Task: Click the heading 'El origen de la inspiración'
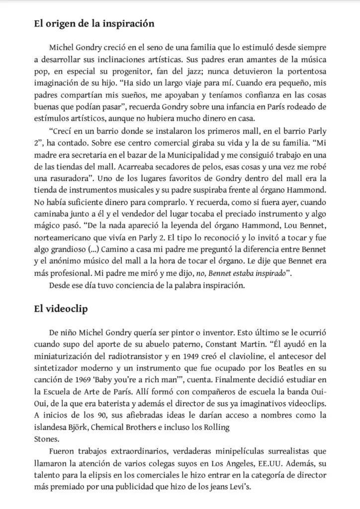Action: point(93,23)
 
